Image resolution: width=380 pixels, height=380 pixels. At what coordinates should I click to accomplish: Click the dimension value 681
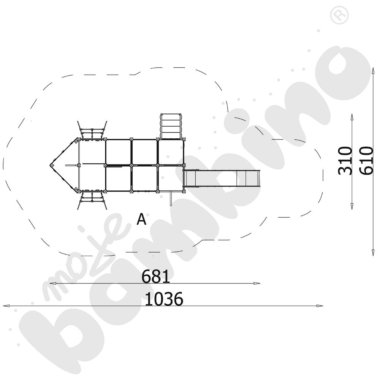click(x=155, y=277)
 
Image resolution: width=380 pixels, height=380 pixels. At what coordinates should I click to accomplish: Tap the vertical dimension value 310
click(x=345, y=160)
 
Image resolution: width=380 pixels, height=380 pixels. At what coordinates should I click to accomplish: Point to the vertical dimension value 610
click(x=366, y=160)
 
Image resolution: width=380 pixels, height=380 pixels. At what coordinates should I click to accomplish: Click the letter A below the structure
click(x=141, y=219)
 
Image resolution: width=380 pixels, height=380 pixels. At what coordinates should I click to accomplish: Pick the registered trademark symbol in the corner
click(x=339, y=15)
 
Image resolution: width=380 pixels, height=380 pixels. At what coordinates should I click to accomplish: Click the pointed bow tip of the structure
click(x=51, y=165)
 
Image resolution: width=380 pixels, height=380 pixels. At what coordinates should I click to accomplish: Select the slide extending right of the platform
click(x=222, y=178)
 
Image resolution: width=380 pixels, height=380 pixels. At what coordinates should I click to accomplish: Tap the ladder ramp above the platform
click(x=171, y=126)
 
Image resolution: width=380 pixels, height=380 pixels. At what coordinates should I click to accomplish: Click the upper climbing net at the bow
click(x=92, y=130)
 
